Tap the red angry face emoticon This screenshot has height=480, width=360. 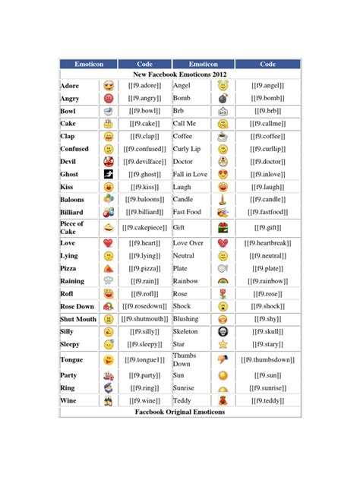coord(109,99)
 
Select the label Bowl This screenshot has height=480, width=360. coord(68,112)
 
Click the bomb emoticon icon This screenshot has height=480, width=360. coord(223,99)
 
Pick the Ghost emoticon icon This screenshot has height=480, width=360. coord(109,174)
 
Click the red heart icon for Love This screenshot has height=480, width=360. coord(109,243)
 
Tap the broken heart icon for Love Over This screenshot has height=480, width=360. coord(223,243)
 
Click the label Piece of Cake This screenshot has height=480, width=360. coord(72,228)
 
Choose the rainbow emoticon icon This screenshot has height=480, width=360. coord(223,281)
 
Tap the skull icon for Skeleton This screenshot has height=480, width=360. coord(223,332)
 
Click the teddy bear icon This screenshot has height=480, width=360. coord(223,400)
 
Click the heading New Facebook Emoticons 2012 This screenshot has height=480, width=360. coord(179,75)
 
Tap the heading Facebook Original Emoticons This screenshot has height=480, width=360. coord(179,412)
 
